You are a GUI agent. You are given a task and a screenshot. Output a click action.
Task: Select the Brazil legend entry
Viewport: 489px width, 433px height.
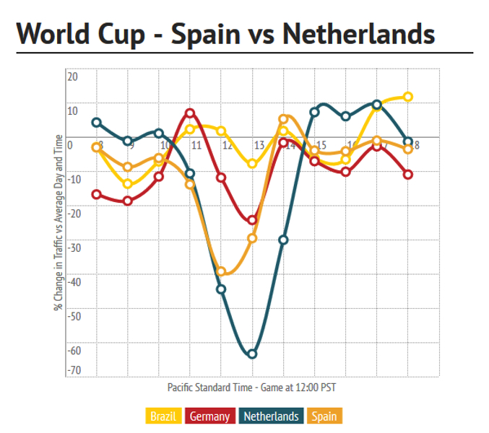[163, 416]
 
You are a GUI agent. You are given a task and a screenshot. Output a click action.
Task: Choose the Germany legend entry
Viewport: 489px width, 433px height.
[210, 416]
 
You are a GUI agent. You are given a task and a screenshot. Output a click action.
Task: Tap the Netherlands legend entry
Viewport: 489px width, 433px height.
[271, 416]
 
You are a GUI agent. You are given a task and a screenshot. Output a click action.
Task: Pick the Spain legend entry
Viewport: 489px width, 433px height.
[324, 416]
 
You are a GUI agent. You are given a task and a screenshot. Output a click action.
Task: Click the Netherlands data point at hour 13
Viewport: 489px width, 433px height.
[252, 354]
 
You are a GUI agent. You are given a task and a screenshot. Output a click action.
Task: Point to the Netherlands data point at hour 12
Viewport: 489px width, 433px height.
[221, 289]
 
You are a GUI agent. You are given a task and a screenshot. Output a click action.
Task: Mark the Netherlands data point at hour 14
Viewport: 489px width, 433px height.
[283, 240]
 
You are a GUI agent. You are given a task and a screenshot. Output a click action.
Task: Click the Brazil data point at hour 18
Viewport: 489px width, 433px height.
[408, 97]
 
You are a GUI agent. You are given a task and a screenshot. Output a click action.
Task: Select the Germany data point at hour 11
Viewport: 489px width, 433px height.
[190, 113]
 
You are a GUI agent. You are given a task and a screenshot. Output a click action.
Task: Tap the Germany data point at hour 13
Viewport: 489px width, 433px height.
[252, 220]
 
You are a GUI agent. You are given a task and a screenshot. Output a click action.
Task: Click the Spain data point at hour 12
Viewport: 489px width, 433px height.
[221, 271]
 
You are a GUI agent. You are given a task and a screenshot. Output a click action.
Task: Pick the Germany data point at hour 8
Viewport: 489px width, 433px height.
[96, 194]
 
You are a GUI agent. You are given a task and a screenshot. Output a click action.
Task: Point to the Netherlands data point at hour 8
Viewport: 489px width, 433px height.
[96, 123]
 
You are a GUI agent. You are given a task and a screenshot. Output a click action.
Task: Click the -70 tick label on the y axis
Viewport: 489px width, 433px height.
[74, 370]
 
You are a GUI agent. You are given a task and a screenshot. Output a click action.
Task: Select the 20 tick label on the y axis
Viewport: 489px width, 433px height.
[72, 76]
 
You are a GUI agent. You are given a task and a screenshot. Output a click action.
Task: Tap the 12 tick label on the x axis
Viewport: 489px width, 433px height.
[227, 145]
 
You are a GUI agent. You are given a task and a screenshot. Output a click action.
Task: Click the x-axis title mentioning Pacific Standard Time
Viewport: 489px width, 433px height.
[251, 388]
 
